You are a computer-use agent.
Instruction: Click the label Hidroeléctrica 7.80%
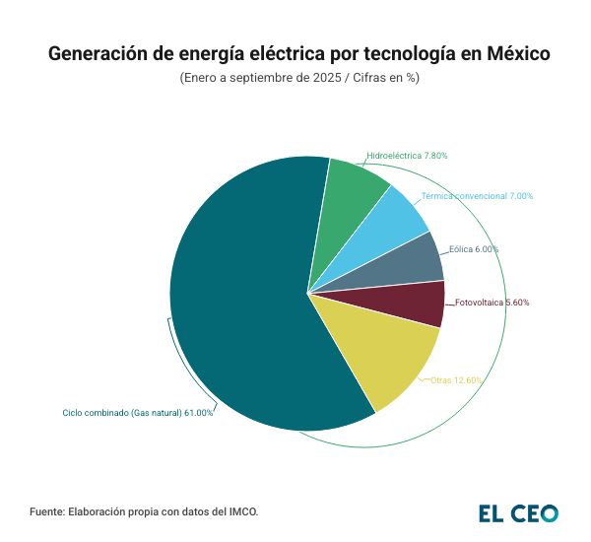407,156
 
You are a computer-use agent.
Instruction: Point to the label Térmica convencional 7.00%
477,196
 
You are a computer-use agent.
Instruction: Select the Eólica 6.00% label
473,249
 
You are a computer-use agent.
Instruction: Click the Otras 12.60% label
456,379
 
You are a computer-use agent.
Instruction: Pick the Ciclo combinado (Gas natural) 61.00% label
138,413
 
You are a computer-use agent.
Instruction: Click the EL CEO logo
518,512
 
